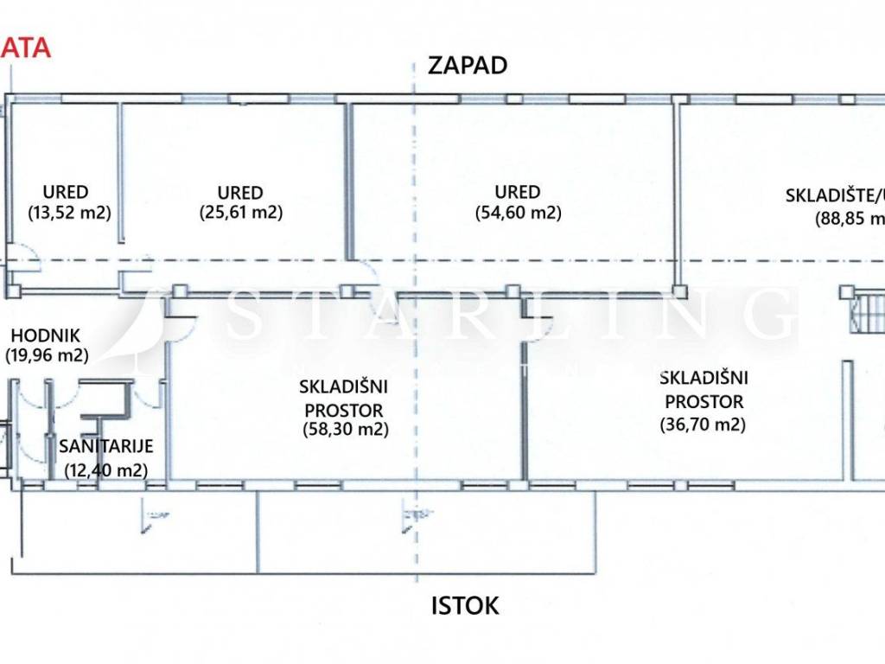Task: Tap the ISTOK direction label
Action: (465, 605)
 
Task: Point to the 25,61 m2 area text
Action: (241, 212)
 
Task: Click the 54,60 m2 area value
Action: (518, 212)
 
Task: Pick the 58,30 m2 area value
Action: (345, 428)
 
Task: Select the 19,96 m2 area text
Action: (47, 354)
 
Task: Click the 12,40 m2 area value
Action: (105, 470)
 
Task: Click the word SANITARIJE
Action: (105, 447)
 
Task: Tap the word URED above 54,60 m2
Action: (518, 192)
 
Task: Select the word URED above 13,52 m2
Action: (66, 192)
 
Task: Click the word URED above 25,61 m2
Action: (241, 192)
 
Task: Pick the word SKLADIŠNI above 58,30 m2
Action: (343, 386)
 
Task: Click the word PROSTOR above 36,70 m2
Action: (703, 401)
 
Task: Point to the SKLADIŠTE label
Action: (829, 195)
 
